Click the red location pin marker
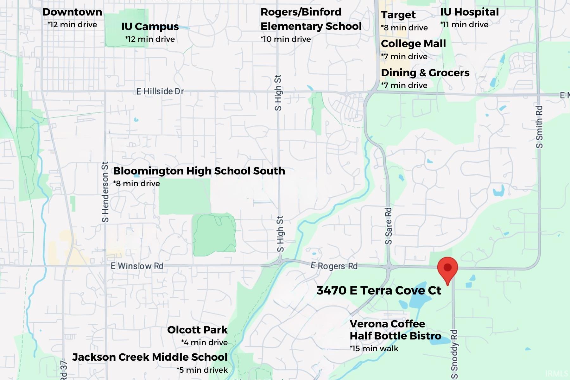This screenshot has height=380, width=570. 447,269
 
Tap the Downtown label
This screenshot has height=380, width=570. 72,12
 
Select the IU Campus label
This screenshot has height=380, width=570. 150,27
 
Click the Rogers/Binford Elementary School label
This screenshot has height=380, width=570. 311,19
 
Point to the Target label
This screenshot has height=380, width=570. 398,15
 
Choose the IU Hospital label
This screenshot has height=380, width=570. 469,12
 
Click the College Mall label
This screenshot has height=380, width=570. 413,44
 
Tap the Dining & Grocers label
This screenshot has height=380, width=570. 425,73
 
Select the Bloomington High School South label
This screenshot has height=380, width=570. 199,171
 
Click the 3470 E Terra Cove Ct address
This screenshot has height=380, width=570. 379,290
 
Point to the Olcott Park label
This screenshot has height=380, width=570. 197,330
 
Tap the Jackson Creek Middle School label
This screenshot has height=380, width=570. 150,357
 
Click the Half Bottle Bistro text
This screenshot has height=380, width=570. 395,336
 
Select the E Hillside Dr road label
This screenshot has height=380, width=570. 160,92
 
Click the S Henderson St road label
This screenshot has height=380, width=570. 105,192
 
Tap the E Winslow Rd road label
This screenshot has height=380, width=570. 137,266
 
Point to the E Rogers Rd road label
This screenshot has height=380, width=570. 334,266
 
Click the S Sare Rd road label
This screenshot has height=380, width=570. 388,226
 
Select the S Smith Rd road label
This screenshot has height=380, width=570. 539,127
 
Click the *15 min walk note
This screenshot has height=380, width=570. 374,349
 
